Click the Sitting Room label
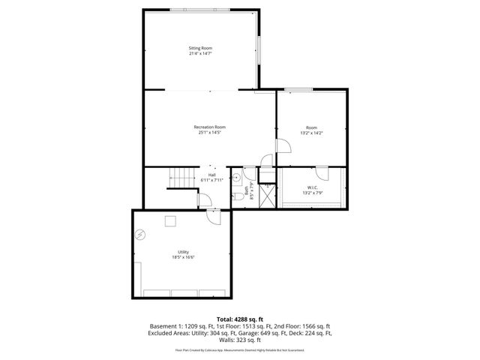(x=199, y=48)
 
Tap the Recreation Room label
(x=209, y=127)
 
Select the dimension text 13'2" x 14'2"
(x=311, y=133)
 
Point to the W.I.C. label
(x=313, y=187)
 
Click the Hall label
(x=212, y=175)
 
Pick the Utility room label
(x=183, y=251)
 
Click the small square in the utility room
(x=171, y=220)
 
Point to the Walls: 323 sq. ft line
(x=239, y=339)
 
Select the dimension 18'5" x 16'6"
(x=183, y=257)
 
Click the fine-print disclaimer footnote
(x=239, y=349)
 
